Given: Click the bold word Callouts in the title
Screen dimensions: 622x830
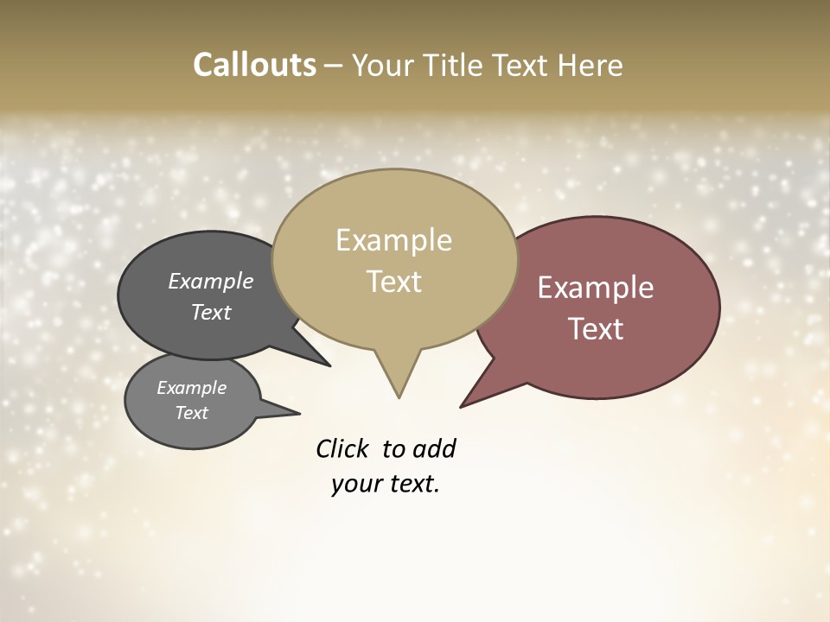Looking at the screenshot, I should point(254,65).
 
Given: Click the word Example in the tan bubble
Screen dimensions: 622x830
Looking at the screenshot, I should point(393,240).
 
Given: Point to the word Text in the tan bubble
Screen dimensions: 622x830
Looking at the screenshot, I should point(393,282).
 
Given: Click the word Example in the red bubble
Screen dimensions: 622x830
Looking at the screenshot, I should point(596,288).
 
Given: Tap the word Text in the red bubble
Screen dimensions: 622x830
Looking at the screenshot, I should point(596,329).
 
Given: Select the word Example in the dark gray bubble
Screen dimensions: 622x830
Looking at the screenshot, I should point(211,281).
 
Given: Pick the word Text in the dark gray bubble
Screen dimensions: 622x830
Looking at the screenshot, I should point(211,312).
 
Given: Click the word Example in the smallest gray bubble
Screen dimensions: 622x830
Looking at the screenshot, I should point(191,388).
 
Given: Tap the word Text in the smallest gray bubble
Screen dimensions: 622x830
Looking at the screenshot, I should point(191,413).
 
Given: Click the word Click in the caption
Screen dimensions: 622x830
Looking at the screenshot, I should point(343,448).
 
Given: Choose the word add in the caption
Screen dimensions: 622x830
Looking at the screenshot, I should point(434,448).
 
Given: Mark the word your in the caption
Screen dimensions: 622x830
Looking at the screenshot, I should point(353,484).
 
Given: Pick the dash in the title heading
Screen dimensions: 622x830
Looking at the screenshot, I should point(334,65).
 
